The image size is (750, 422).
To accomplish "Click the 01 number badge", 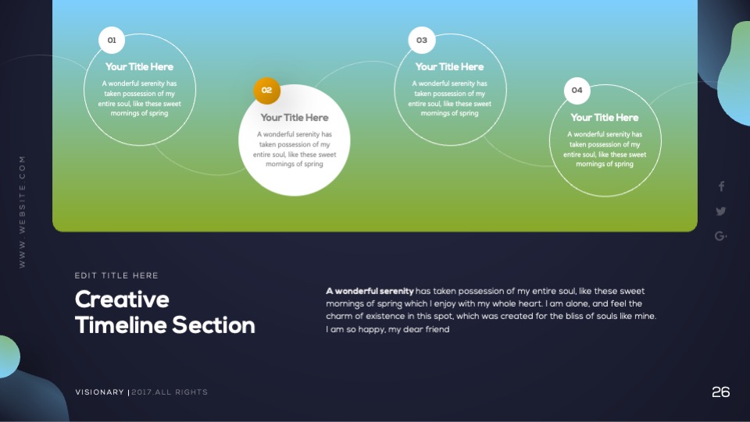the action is (112, 40).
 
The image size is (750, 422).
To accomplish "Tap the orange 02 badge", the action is (266, 90).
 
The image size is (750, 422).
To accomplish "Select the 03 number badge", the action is (421, 40).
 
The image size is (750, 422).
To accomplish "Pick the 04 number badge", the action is (577, 90).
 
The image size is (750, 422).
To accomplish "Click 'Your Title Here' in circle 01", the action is (139, 67).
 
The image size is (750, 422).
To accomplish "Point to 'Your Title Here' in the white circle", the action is (295, 118).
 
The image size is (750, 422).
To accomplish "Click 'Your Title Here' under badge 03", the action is (450, 67).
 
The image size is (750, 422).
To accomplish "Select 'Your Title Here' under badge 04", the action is (605, 118).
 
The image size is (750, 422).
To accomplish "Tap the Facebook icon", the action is (721, 186).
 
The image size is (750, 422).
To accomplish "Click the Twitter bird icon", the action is (721, 211).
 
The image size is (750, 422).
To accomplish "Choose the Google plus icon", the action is (721, 236).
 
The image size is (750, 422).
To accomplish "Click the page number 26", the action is (721, 392).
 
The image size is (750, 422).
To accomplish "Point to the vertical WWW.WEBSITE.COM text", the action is (22, 211).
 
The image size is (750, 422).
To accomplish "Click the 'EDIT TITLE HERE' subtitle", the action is (116, 275).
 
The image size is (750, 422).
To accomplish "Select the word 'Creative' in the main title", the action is (122, 300).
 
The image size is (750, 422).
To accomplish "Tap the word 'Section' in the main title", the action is (213, 325).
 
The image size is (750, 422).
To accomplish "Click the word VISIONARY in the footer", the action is (99, 392).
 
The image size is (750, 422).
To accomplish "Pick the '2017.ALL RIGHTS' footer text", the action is (170, 392).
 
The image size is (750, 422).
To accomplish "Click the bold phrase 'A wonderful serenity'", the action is (370, 291).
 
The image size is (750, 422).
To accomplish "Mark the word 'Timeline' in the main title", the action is (121, 325).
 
